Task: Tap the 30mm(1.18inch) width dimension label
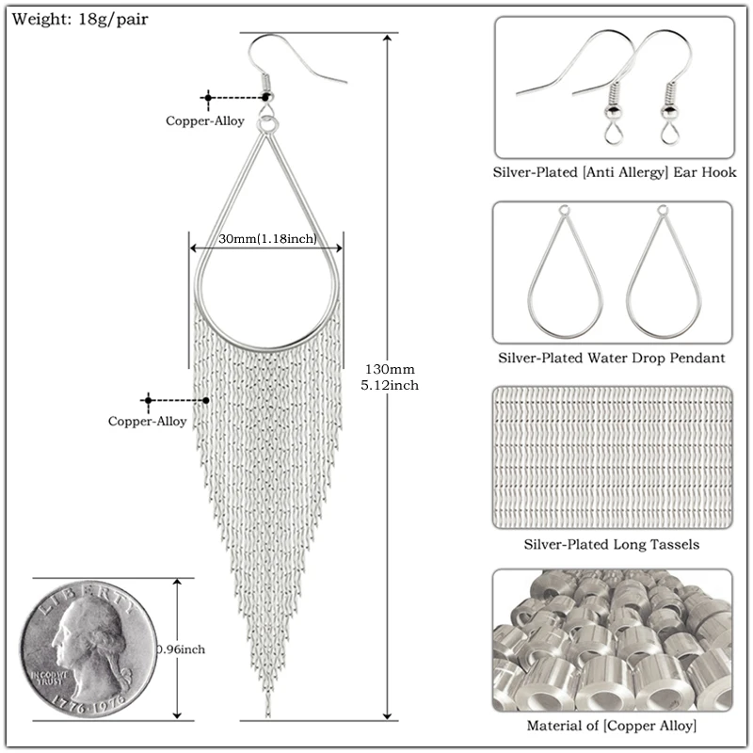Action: [266, 239]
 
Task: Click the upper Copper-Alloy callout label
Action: [205, 120]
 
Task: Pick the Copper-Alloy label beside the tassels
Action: [148, 422]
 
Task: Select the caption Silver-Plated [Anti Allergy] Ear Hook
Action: [615, 173]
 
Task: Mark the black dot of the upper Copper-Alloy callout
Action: [266, 96]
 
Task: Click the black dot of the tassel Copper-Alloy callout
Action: [205, 399]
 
